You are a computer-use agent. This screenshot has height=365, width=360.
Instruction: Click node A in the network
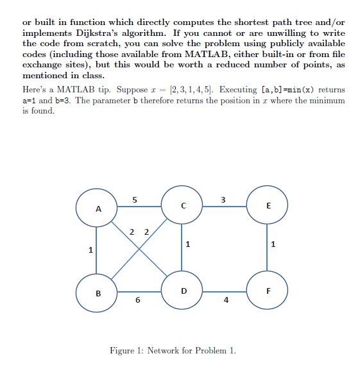point(98,207)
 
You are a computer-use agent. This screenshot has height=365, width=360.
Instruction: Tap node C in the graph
point(183,206)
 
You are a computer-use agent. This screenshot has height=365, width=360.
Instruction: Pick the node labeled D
point(184,291)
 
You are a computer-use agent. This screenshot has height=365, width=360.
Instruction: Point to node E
point(268,206)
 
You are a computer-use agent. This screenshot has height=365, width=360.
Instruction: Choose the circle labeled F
point(268,291)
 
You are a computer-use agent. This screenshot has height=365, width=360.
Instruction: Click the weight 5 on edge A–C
point(133,199)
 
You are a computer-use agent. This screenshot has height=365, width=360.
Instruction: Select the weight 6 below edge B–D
point(137,301)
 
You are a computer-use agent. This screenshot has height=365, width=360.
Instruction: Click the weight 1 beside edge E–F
point(273,244)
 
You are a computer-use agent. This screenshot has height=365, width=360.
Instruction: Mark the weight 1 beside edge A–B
point(91,249)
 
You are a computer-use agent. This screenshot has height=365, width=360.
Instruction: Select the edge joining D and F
point(225,291)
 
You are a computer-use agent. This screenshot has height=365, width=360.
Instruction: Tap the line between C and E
point(225,207)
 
